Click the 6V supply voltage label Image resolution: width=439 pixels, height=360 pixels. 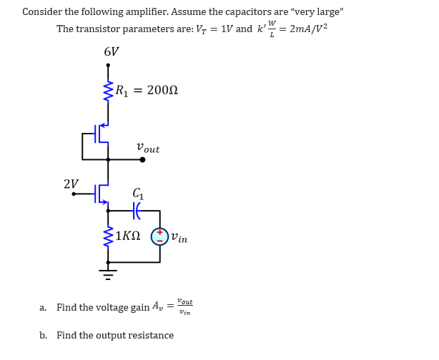coord(112,52)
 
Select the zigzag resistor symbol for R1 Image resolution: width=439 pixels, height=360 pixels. coord(108,91)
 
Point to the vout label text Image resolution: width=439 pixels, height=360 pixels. coord(148,149)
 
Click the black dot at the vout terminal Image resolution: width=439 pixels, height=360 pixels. coord(142,159)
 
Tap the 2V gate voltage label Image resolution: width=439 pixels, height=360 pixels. coord(71,184)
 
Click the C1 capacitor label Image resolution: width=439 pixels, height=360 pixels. coord(139,193)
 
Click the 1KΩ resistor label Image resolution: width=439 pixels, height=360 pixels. coord(127,236)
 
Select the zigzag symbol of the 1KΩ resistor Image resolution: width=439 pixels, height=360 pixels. coord(108,236)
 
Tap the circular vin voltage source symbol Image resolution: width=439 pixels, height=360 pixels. coord(159,236)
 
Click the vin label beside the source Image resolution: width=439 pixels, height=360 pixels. coord(179,238)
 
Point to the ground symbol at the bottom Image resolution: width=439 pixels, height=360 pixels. coord(108,272)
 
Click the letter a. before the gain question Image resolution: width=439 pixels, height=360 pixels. coord(43,308)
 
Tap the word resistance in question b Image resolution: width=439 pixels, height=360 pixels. coord(150,336)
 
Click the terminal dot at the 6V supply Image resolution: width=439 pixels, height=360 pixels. coord(108,66)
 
